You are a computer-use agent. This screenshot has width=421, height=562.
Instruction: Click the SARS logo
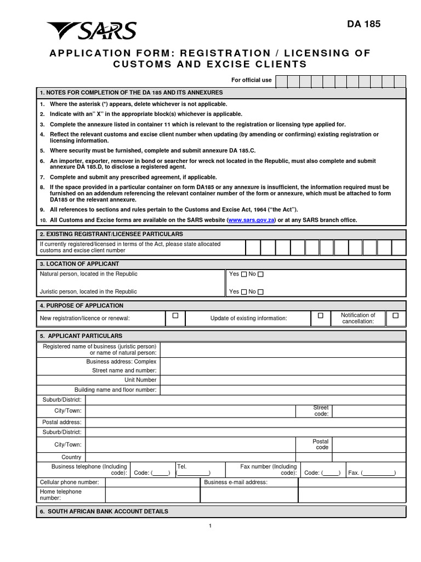92,31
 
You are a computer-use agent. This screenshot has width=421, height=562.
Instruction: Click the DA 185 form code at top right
363,24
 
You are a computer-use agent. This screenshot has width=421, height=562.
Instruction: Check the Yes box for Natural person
244,274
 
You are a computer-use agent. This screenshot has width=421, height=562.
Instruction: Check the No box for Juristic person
260,292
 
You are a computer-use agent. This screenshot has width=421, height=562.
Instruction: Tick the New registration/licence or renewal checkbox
175,316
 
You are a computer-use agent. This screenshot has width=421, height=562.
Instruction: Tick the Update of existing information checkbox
321,316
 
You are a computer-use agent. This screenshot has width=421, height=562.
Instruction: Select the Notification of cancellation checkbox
395,316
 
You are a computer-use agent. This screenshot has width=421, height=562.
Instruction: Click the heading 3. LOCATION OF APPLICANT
79,264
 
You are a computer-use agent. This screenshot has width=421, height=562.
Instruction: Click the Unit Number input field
282,380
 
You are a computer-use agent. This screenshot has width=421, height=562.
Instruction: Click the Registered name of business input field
282,349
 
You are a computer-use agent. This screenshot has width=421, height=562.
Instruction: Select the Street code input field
368,411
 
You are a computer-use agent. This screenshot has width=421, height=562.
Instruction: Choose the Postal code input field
368,444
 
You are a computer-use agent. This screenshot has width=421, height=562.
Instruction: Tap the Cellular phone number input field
152,482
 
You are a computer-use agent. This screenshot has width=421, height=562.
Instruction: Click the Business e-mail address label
236,482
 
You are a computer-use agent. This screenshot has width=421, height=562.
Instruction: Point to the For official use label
251,80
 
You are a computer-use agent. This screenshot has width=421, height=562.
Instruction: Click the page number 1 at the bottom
210,526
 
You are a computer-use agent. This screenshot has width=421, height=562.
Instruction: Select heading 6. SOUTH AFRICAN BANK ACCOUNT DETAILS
104,511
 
